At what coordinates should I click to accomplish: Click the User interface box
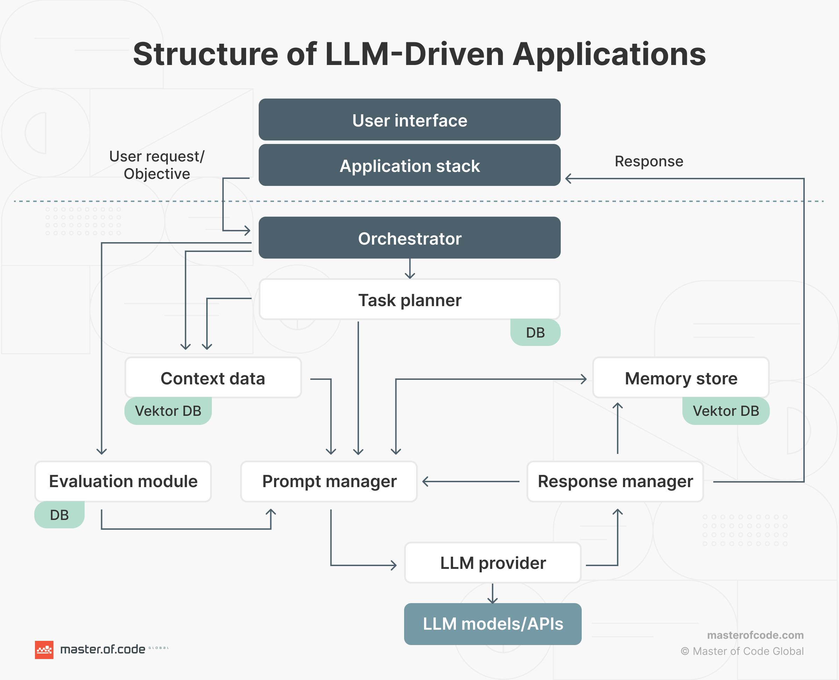coord(409,120)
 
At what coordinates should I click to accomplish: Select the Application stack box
coord(409,165)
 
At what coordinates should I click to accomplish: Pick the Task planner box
coord(409,300)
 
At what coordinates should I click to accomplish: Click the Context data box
coord(213,378)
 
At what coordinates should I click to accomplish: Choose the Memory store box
coord(680,378)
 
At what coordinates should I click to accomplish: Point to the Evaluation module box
coord(123,481)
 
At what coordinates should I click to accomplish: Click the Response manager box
coord(615,481)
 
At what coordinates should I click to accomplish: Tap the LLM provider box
coord(493,563)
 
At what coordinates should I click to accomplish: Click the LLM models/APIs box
coord(493,624)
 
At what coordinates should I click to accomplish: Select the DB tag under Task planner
coord(535,333)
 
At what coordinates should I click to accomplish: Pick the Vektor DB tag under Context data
coord(168,411)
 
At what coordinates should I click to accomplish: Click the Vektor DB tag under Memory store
coord(725,411)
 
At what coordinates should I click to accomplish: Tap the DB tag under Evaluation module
coord(59,515)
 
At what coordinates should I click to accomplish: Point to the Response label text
coord(648,161)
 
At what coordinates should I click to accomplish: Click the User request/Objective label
coord(157,165)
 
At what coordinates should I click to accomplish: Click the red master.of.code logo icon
coord(44,650)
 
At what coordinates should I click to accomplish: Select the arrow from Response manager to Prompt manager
coord(470,482)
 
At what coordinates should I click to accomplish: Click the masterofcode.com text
coord(755,635)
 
